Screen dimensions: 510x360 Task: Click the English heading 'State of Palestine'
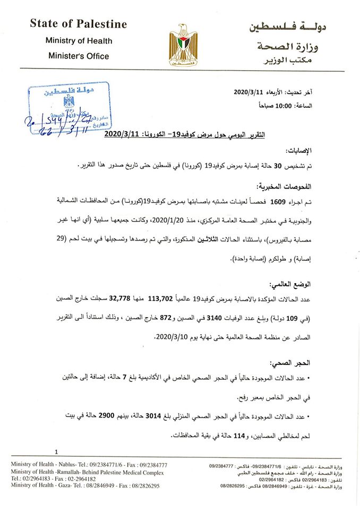78,24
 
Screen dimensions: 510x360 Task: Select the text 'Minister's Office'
78,55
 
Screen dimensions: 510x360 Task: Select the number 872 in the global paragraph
166,319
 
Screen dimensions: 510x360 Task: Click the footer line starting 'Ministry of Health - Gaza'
85,486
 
